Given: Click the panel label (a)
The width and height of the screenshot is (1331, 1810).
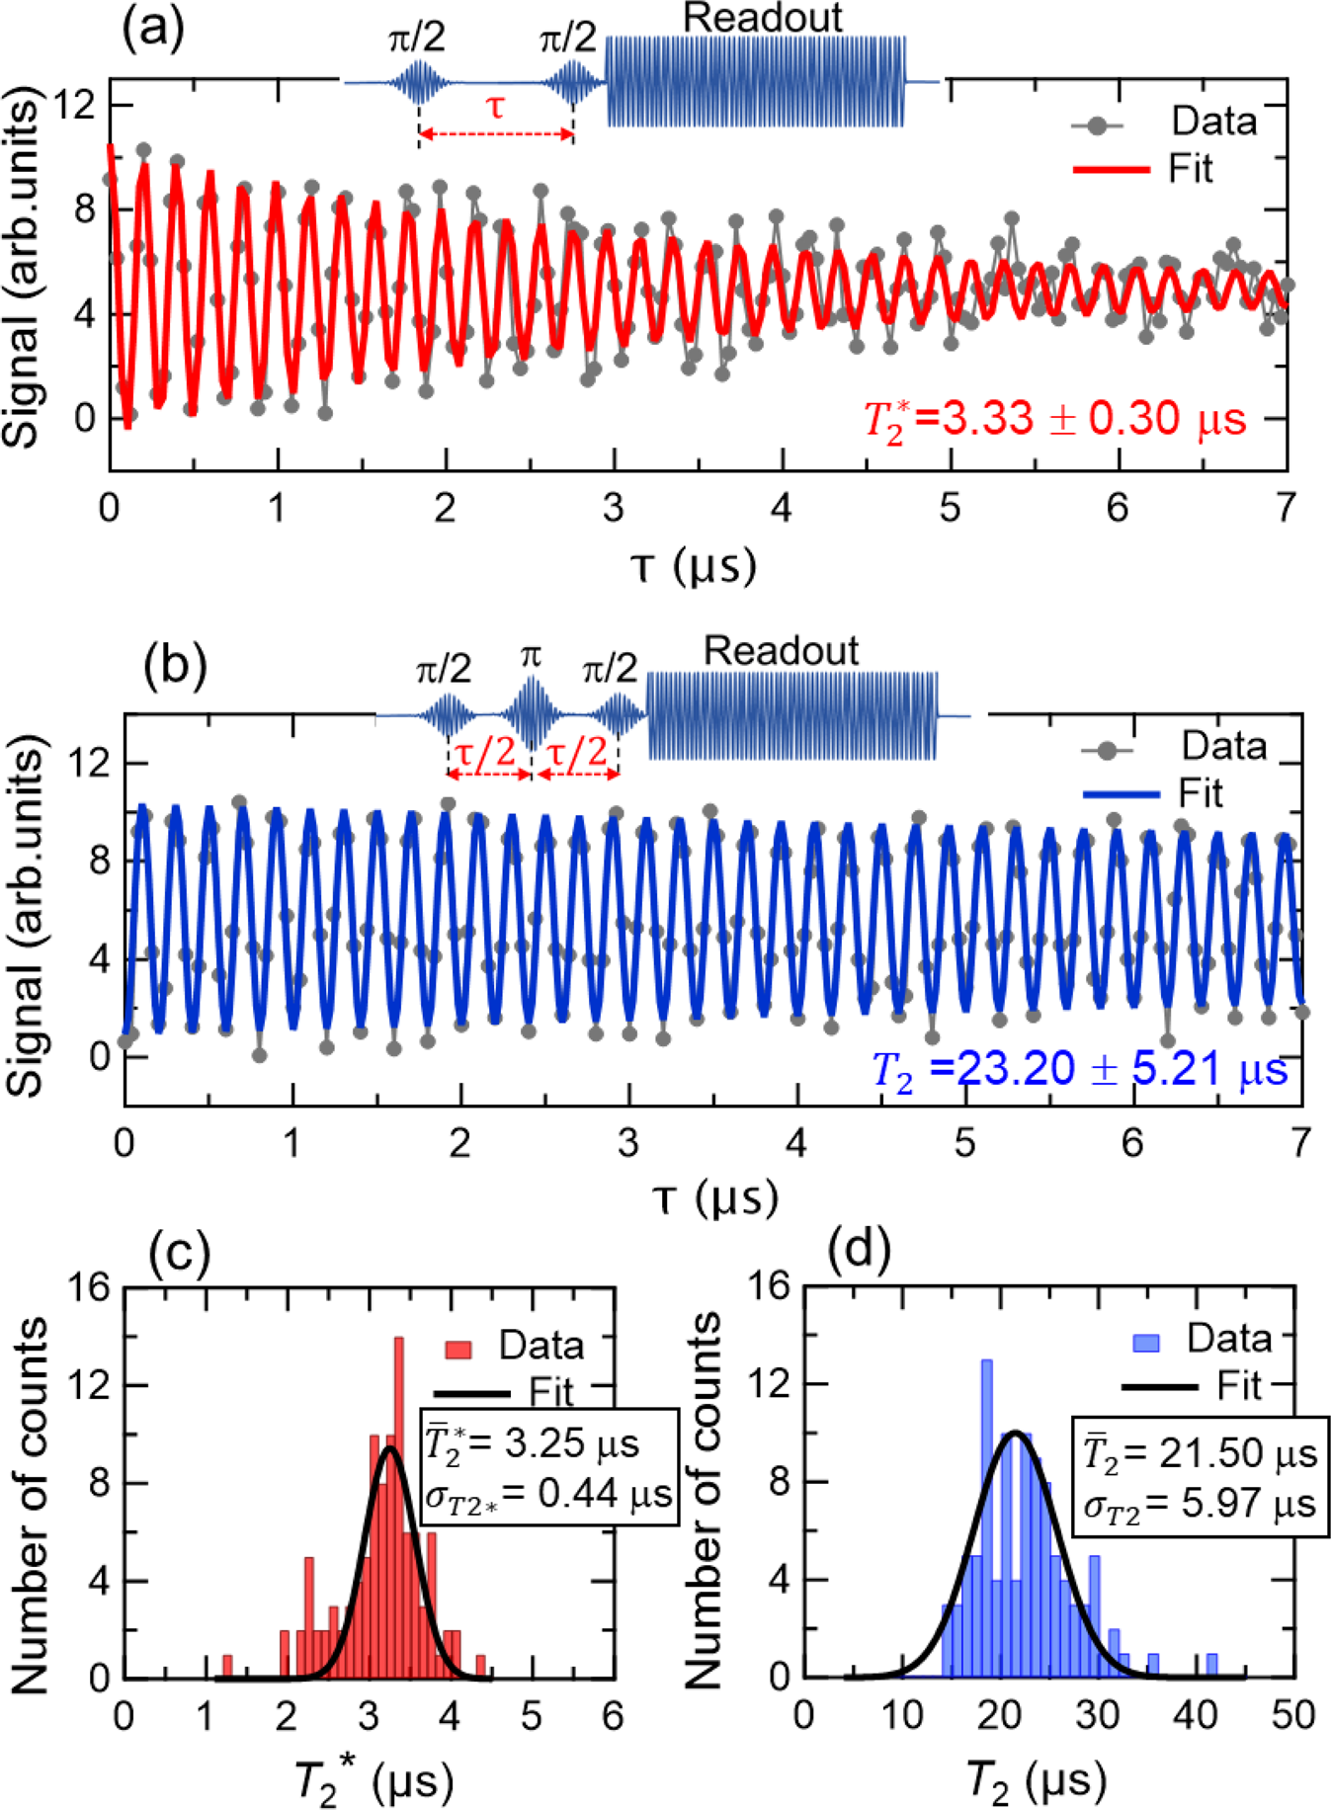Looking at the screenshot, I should [x=152, y=30].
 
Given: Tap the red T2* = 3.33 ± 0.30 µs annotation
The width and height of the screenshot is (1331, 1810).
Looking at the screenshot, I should [x=1053, y=419].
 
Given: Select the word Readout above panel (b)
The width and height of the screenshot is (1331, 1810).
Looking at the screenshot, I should [x=781, y=651].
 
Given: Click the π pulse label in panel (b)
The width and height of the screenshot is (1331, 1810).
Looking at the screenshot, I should [x=531, y=656].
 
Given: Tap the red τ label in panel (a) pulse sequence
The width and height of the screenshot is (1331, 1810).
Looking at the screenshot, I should [x=495, y=108].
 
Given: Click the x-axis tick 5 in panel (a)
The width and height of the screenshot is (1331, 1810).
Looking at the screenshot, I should [x=950, y=508].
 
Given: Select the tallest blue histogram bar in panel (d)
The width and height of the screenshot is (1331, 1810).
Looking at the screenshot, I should [x=985, y=1512].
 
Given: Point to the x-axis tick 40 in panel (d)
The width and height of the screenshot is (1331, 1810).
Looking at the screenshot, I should [x=1195, y=1715].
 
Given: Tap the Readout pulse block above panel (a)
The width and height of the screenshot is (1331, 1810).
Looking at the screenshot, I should [x=755, y=82].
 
